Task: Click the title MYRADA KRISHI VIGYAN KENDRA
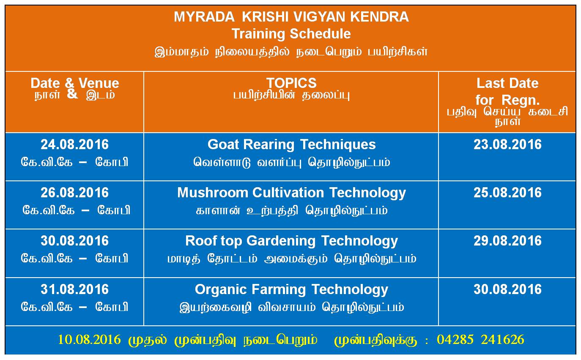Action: coord(291,17)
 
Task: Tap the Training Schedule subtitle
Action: coord(291,34)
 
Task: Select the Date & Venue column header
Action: coord(75,83)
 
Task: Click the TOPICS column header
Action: coord(291,83)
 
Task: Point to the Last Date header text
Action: coord(507,83)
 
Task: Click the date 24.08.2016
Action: coord(74,145)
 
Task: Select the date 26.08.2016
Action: coord(74,193)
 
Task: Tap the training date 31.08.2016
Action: coord(74,289)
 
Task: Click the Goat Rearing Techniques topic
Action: coord(291,145)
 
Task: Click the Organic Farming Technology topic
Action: coord(291,290)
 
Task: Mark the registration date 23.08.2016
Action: coord(507,145)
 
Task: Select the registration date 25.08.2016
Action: coord(507,193)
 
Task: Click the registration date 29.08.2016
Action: coord(507,241)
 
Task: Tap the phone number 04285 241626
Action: coord(480,340)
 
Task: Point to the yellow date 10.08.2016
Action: coord(89,340)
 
